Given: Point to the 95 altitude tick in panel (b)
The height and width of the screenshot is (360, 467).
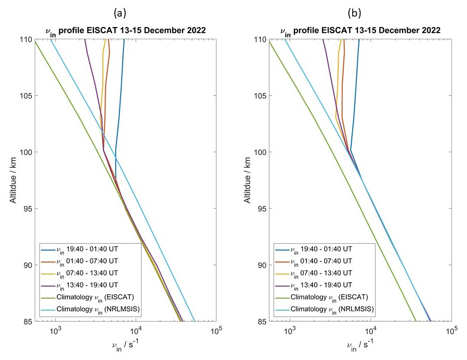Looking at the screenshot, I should [262, 209].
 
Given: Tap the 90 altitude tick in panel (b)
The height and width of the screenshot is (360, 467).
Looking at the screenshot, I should [262, 265].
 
